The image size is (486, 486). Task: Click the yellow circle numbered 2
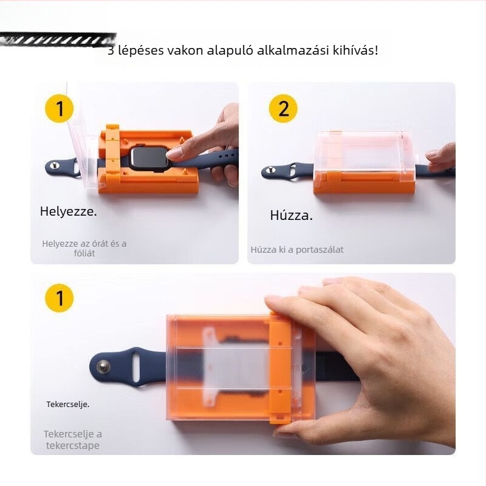coord(283,109)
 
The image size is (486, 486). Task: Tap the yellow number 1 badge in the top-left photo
coord(60,109)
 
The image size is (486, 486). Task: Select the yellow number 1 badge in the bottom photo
coord(60,298)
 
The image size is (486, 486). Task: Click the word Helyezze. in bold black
coord(69,212)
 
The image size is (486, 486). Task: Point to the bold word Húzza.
coord(291,215)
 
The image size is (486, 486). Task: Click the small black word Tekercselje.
coord(67,404)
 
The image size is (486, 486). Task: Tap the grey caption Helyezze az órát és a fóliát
coord(84,248)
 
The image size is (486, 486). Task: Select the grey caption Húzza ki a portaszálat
coord(297,249)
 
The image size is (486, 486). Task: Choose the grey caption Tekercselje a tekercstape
coord(72,439)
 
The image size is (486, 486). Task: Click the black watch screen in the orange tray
coord(149,159)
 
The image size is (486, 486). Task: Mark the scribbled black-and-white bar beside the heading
coord(58,41)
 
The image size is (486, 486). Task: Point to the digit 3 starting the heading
coord(111,50)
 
